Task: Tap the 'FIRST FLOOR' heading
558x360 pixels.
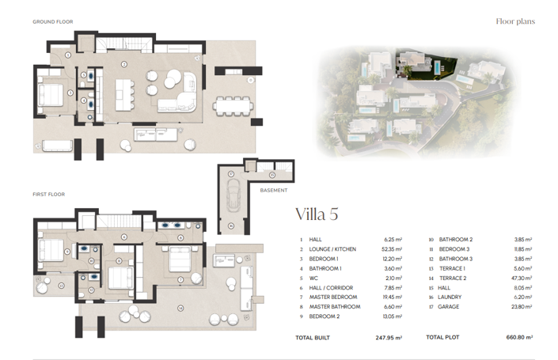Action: [48, 194]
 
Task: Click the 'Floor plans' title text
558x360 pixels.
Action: [514, 21]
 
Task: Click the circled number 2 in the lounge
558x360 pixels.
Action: [123, 63]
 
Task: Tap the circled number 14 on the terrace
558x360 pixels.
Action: [180, 307]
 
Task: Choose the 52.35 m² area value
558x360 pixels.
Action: [390, 249]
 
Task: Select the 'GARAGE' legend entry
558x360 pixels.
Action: [450, 306]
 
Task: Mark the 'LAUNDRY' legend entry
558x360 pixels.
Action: [450, 297]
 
